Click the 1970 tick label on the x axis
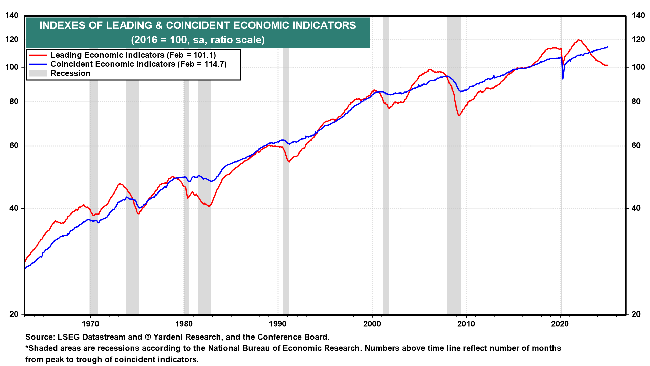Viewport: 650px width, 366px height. [x=90, y=324]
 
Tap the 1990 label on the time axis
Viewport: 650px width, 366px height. [x=278, y=324]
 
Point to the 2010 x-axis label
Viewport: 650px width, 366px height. [x=466, y=324]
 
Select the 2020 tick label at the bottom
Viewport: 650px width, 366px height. [x=560, y=324]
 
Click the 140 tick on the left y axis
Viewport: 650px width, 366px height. [x=12, y=16]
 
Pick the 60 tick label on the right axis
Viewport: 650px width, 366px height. [x=636, y=146]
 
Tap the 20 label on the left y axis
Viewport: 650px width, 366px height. [x=14, y=314]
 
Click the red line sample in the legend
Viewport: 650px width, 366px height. [x=38, y=55]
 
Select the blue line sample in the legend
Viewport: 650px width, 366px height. [x=38, y=64]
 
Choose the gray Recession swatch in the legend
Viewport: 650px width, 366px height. [x=38, y=73]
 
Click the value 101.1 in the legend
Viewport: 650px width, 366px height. [x=202, y=55]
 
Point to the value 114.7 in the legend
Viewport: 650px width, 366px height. [x=213, y=64]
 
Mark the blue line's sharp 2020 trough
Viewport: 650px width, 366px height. [x=563, y=79]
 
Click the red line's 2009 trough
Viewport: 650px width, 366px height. [x=459, y=116]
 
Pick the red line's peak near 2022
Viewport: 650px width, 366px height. [x=579, y=40]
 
